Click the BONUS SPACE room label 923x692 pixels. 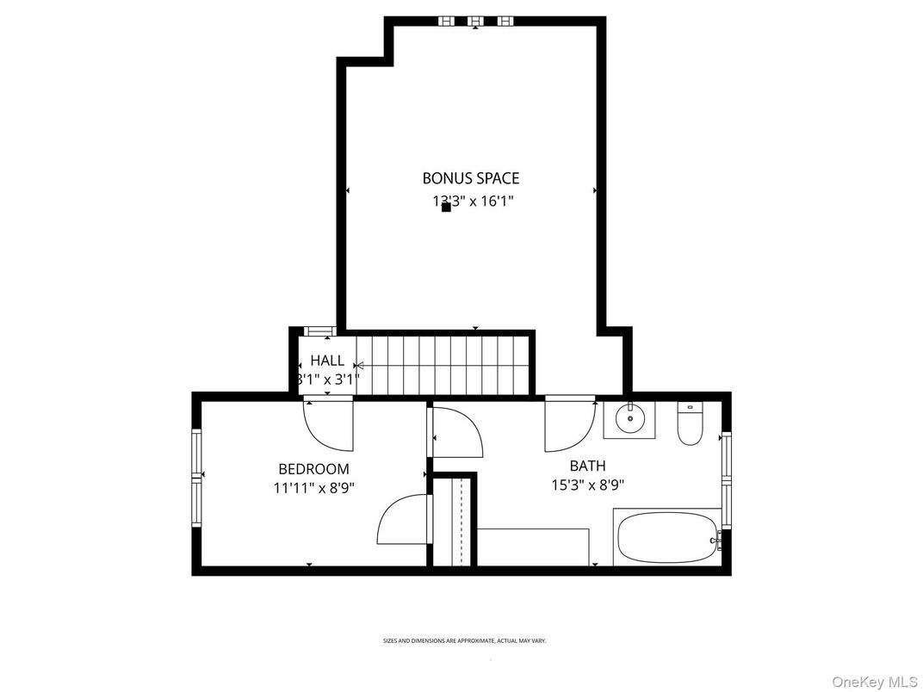[x=470, y=178]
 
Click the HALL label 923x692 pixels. [x=327, y=361]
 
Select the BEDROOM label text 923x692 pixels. [x=313, y=469]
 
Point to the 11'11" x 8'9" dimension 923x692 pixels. [x=313, y=486]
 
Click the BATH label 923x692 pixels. [x=587, y=466]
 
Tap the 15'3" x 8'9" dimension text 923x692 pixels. [x=587, y=485]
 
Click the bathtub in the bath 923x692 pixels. [x=667, y=536]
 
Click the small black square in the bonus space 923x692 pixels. [x=446, y=207]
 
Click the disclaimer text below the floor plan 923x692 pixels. [x=464, y=641]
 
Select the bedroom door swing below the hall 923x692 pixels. [x=329, y=423]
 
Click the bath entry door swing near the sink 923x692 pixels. [x=568, y=425]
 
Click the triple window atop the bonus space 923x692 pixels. [x=475, y=21]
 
